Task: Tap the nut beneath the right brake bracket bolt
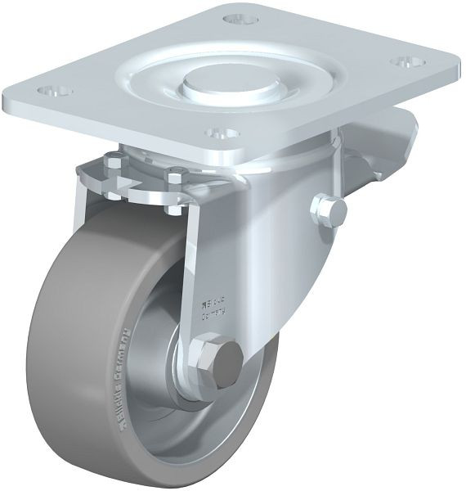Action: [x=174, y=207]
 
